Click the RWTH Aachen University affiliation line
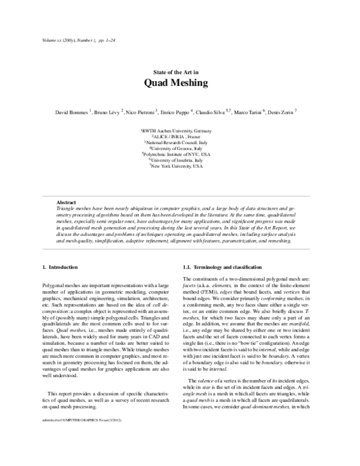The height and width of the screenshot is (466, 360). tap(176, 130)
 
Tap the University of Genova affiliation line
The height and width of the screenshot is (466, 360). tap(176, 147)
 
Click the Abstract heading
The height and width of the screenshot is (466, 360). tap(65, 202)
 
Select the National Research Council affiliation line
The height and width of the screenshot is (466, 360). tap(176, 142)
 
